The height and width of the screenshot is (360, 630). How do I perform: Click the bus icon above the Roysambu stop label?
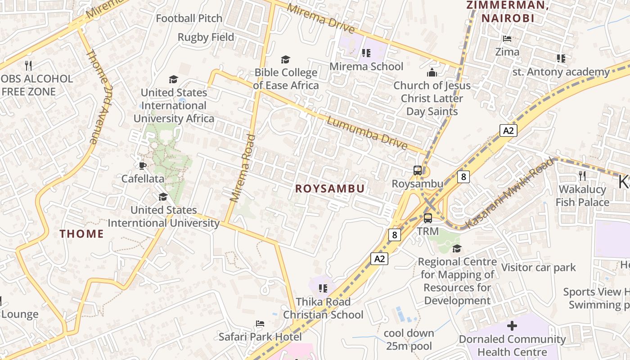[x=418, y=171]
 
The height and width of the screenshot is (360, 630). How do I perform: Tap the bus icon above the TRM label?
[x=427, y=218]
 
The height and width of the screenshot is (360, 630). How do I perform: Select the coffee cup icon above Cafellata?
[x=143, y=166]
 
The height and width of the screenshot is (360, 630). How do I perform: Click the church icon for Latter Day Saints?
[x=432, y=72]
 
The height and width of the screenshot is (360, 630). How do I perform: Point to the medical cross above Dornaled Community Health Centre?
[x=512, y=326]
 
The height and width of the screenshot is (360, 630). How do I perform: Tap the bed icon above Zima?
[x=507, y=39]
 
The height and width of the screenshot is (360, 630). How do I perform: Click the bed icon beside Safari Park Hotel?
[x=260, y=324]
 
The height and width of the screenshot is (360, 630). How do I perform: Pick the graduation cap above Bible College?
[x=285, y=59]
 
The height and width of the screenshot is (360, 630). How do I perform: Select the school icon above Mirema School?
[x=366, y=53]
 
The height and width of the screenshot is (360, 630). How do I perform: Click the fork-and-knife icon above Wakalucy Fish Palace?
[x=582, y=175]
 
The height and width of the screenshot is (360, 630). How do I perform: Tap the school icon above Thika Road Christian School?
[x=323, y=288]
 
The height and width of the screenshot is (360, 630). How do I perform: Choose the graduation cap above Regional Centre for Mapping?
[x=457, y=248]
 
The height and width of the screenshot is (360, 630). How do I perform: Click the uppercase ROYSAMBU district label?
[x=330, y=189]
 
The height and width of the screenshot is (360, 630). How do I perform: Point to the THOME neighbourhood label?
[x=82, y=234]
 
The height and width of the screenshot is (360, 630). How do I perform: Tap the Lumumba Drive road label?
[x=367, y=133]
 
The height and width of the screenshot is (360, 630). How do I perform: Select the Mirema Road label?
[x=243, y=168]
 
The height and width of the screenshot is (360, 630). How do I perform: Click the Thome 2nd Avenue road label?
[x=98, y=96]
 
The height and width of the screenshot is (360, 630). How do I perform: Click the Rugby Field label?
[x=206, y=37]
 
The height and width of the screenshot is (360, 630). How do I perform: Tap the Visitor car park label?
[x=538, y=267]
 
